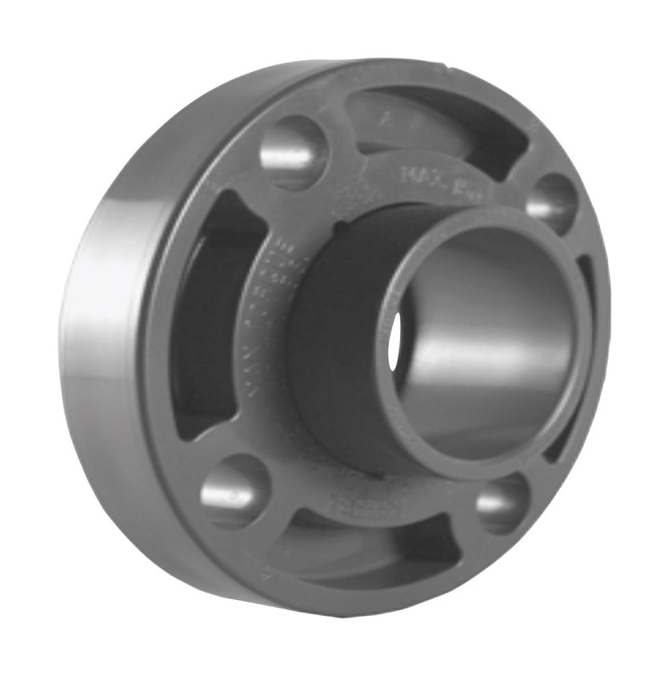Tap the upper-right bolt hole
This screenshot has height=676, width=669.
(x=551, y=204)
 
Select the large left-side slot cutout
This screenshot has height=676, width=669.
(x=203, y=321)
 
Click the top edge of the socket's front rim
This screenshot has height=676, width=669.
(x=491, y=211)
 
